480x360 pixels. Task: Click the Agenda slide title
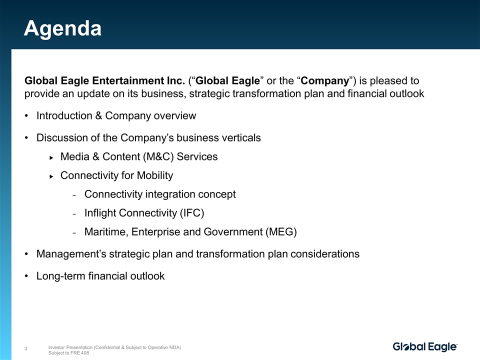coord(63,29)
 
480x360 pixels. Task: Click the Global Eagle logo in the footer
coord(425,347)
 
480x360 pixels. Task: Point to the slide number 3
coord(25,348)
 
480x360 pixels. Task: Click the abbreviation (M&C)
coord(158,156)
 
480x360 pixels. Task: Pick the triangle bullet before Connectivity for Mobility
coord(51,176)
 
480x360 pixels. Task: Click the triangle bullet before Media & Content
coord(51,157)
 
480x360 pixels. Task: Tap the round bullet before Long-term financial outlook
coord(26,276)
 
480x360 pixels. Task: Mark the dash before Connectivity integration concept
coord(74,195)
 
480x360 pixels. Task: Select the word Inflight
coord(100,213)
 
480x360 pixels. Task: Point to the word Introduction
coord(64,115)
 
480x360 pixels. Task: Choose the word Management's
coord(71,254)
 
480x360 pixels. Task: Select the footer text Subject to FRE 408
coord(68,353)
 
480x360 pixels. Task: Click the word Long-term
coord(61,276)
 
